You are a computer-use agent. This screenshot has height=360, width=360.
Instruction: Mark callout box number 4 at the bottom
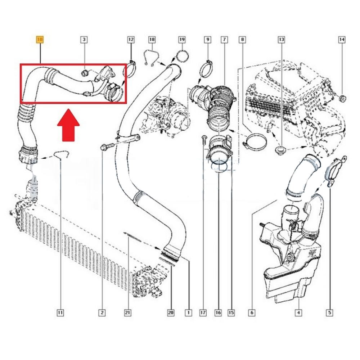[x=298, y=313]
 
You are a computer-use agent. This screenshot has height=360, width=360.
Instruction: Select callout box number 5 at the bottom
[x=329, y=313]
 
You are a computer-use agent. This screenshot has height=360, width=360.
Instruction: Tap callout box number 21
[x=127, y=313]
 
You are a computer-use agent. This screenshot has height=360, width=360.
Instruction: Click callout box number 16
[x=218, y=313]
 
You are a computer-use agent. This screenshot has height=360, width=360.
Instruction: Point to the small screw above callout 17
[x=204, y=138]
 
